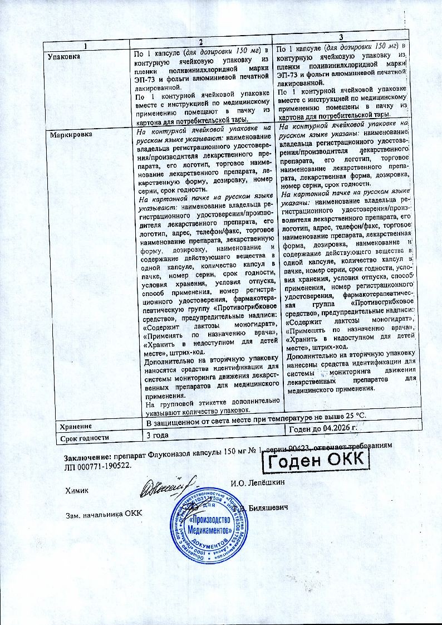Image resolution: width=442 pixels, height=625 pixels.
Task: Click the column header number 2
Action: (202, 45)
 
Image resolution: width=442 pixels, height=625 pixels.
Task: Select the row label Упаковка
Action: (63, 57)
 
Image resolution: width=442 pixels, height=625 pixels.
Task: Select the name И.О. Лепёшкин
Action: (257, 482)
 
